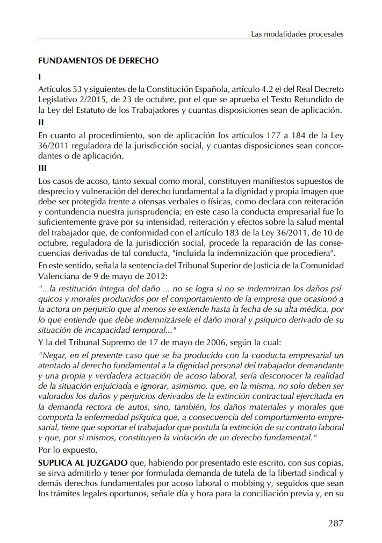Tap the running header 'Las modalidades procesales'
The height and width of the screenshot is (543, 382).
click(x=297, y=34)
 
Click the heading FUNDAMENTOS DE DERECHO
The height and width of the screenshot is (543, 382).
click(x=98, y=61)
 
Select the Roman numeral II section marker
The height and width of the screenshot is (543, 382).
click(x=41, y=122)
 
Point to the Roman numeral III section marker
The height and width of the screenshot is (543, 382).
click(x=42, y=167)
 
